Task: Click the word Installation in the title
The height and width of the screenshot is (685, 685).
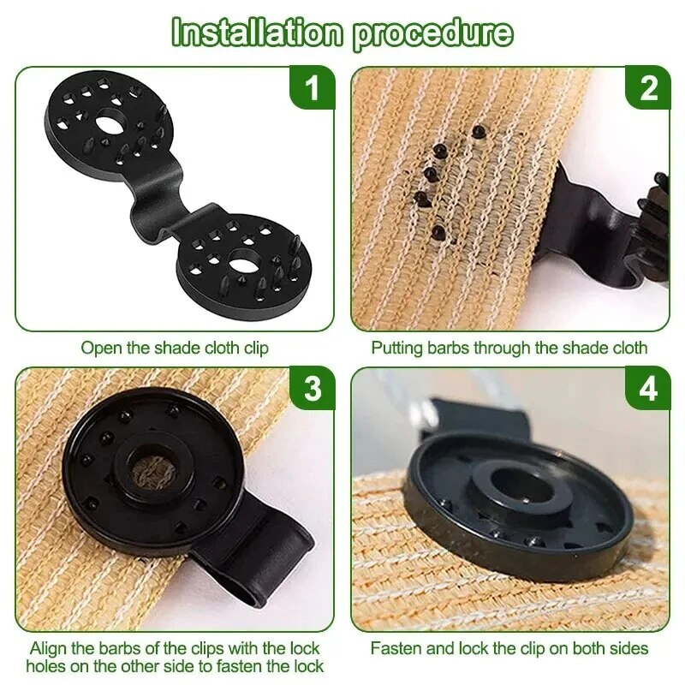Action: click(x=256, y=32)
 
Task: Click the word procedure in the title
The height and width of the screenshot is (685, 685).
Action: click(x=432, y=32)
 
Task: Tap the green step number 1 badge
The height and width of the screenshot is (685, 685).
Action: click(x=313, y=88)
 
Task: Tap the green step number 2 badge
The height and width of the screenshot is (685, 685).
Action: click(x=649, y=88)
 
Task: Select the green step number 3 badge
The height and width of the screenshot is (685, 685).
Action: click(x=313, y=389)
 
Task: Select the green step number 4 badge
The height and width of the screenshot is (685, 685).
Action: click(x=649, y=389)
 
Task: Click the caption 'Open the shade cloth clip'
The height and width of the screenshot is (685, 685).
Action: click(x=175, y=348)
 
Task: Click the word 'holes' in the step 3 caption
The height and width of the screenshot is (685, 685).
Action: click(x=45, y=666)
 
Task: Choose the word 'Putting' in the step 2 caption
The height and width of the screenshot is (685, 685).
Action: click(x=396, y=348)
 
